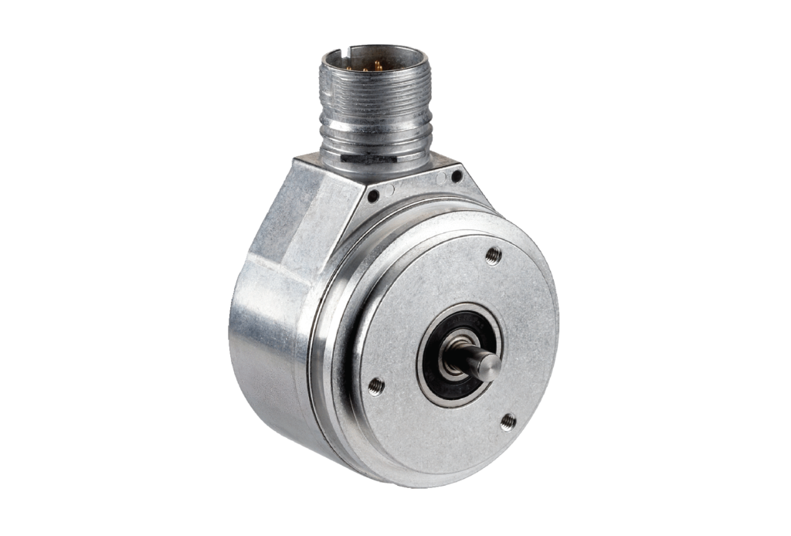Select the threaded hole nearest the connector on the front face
click(493, 256)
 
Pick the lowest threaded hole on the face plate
click(508, 422)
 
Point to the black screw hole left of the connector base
click(373, 196)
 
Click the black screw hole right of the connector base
click(457, 176)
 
